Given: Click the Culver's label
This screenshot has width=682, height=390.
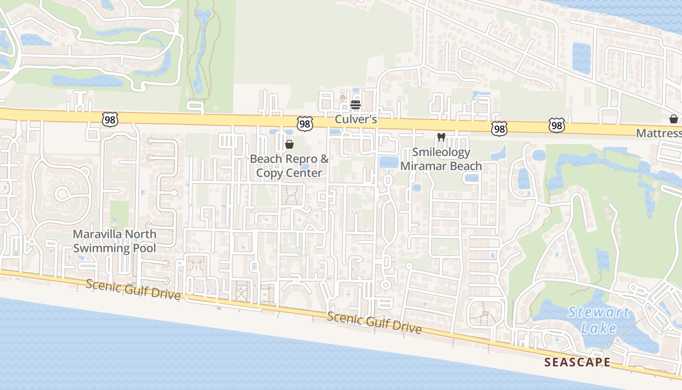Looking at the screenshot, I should (356, 119).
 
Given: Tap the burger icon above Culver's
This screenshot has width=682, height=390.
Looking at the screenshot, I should (356, 104).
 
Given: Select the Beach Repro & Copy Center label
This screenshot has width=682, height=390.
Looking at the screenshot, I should (289, 166).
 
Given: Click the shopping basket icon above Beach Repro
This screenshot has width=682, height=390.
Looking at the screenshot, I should (289, 144).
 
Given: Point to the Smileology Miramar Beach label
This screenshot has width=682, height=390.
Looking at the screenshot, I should (441, 159).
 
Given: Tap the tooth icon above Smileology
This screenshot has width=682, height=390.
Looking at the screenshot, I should (441, 137).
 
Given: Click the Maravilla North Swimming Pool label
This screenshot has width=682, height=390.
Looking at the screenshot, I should (114, 241).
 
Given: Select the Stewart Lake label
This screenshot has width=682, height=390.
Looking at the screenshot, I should (599, 320).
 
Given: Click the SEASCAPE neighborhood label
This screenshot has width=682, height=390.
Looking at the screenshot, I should (577, 362).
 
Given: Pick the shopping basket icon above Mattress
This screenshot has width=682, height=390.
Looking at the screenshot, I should (674, 119).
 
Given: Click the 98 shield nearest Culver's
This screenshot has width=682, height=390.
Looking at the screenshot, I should (305, 124).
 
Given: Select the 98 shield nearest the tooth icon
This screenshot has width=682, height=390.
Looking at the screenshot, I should (499, 128).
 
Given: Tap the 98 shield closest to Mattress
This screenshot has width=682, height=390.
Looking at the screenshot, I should (557, 125).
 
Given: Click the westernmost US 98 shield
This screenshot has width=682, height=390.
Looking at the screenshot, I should (110, 119).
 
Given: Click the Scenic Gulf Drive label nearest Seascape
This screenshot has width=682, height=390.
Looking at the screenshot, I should (374, 323).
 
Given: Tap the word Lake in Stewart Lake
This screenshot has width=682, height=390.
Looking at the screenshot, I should (599, 328).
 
